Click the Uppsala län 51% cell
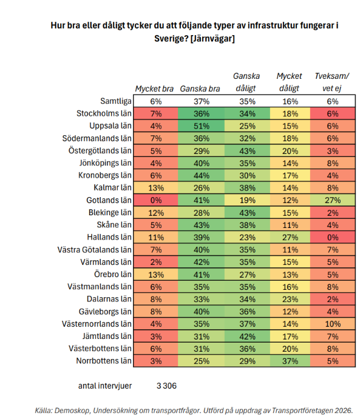[x=201, y=126]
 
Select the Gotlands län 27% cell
[x=333, y=200]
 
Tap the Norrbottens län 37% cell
[x=290, y=361]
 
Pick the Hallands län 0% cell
[x=333, y=237]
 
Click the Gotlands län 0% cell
[x=155, y=200]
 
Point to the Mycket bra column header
[x=154, y=89]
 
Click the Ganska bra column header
[x=200, y=89]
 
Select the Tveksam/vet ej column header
[x=332, y=82]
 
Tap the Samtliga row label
[x=116, y=101]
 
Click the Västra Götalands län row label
[x=95, y=250]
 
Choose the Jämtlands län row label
[x=107, y=336]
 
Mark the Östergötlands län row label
[x=100, y=150]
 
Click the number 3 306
[x=166, y=386]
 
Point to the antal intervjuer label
[x=105, y=386]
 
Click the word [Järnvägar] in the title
[x=212, y=39]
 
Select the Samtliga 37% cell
[x=201, y=101]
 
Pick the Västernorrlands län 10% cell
[x=333, y=324]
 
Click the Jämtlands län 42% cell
[x=247, y=336]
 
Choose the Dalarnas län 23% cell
[x=290, y=299]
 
